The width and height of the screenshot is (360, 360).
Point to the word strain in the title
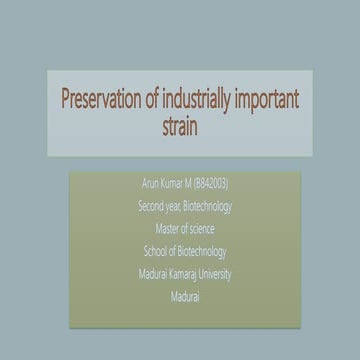point(180,126)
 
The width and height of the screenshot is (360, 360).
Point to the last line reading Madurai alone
point(179,292)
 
